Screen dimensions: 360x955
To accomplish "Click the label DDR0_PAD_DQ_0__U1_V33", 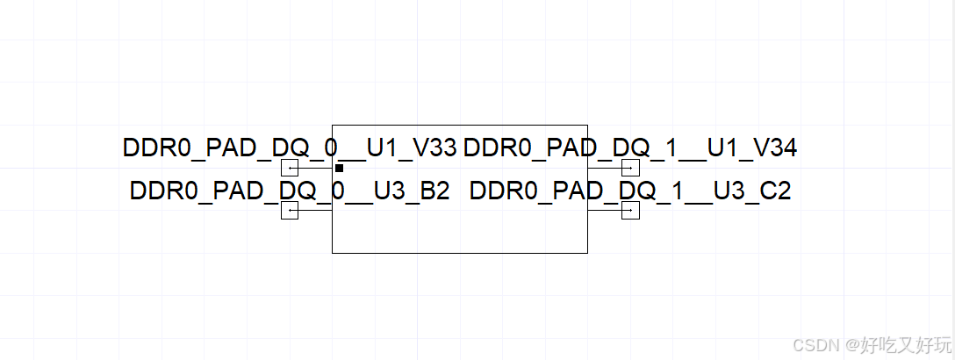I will [290, 148].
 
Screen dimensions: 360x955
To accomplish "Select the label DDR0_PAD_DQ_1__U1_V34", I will [629, 148].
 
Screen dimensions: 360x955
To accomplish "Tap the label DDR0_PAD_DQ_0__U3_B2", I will [290, 191].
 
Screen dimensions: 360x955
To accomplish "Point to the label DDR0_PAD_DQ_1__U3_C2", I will [629, 191].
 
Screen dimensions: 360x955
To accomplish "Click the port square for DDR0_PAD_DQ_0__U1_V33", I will [290, 168].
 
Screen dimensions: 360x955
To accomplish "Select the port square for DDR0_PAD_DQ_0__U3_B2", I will [290, 210].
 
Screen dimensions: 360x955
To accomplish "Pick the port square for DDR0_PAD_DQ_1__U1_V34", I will [630, 168].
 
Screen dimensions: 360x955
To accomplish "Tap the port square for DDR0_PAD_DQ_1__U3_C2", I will [630, 210].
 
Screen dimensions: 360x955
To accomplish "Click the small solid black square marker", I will [339, 168].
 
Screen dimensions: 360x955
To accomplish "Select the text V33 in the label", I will [434, 148].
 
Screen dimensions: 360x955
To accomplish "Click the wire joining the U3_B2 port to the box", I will [315, 210].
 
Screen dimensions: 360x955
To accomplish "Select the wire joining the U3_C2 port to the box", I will [605, 210].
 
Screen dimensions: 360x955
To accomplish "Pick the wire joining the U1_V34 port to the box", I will [605, 168].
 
